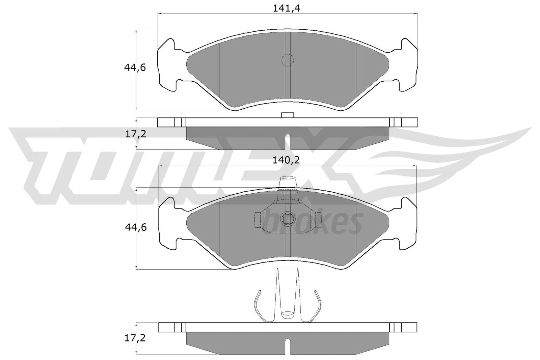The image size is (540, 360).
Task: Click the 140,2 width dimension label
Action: pyautogui.click(x=287, y=161)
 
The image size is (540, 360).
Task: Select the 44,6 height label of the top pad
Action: pyautogui.click(x=135, y=68)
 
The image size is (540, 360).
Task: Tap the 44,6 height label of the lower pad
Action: pyautogui.click(x=136, y=227)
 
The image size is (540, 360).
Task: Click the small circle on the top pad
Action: pyautogui.click(x=288, y=60)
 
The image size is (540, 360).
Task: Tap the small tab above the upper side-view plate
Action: pyautogui.click(x=288, y=115)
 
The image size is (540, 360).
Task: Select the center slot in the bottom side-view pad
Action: pyautogui.click(x=288, y=346)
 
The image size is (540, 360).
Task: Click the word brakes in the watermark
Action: pyautogui.click(x=314, y=223)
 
